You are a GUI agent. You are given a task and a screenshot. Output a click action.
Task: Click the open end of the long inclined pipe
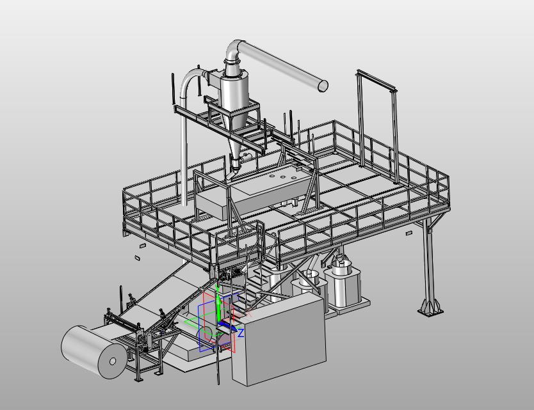click(323, 86)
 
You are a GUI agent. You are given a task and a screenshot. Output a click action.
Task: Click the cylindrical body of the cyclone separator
click(234, 93)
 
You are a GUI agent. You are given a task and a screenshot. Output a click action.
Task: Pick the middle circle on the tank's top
click(282, 177)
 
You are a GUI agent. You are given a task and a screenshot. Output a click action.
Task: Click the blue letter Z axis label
click(241, 333)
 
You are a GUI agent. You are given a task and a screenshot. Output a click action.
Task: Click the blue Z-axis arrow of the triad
click(228, 326)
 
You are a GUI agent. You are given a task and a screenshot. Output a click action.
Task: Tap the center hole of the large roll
click(113, 361)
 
